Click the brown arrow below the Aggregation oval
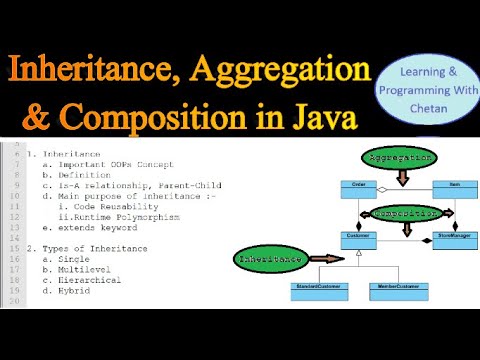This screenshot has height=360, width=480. tap(404, 176)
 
